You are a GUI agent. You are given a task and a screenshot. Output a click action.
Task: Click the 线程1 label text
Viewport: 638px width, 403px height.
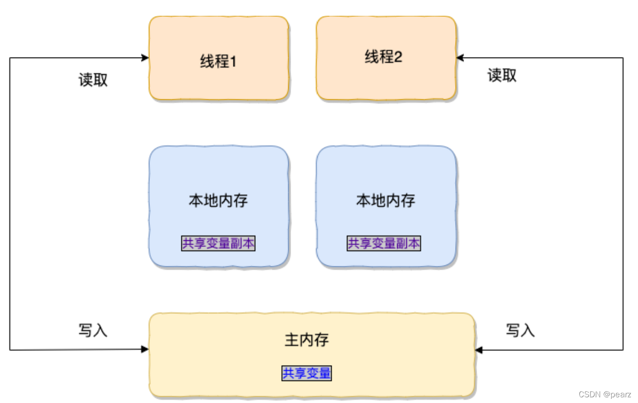pos(218,61)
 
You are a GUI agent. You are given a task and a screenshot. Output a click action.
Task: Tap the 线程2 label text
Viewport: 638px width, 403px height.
pos(383,57)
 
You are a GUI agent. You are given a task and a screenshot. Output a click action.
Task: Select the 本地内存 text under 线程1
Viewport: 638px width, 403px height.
pos(218,200)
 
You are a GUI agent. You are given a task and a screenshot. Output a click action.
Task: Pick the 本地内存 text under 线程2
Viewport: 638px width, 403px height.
pos(385,200)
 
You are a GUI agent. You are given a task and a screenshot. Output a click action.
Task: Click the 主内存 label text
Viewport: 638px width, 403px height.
pos(307,340)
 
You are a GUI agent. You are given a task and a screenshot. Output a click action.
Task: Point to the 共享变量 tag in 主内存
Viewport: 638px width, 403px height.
pos(307,373)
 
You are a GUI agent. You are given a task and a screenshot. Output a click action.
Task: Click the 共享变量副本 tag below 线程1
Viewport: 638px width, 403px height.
pos(218,243)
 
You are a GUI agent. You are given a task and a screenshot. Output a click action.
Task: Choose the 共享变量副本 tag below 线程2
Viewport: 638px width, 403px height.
pos(384,243)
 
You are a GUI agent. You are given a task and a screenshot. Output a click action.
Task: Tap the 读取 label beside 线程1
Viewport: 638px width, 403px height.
pos(93,80)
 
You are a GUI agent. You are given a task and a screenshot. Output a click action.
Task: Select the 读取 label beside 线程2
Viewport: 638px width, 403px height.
pos(502,75)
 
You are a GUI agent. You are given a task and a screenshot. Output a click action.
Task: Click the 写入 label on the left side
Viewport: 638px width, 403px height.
pos(93,330)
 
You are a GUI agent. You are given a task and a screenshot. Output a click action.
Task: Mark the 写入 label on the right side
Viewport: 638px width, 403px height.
pos(520,330)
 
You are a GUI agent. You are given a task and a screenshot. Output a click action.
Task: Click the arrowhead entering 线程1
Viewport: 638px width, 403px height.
pos(145,58)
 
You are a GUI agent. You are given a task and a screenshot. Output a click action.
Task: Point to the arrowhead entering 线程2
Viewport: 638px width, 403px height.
pos(460,58)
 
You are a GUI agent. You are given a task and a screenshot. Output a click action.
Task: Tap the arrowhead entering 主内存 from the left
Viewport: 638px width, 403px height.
pos(145,349)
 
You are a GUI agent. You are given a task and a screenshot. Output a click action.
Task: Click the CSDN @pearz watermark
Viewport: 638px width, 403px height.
pos(605,394)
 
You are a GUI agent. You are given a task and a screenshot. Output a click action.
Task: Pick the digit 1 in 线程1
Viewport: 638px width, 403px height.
pos(233,62)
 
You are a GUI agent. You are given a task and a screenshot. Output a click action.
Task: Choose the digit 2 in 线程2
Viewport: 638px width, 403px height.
pos(398,57)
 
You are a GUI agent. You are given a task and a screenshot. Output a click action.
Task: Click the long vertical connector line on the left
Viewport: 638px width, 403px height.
pos(10,202)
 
